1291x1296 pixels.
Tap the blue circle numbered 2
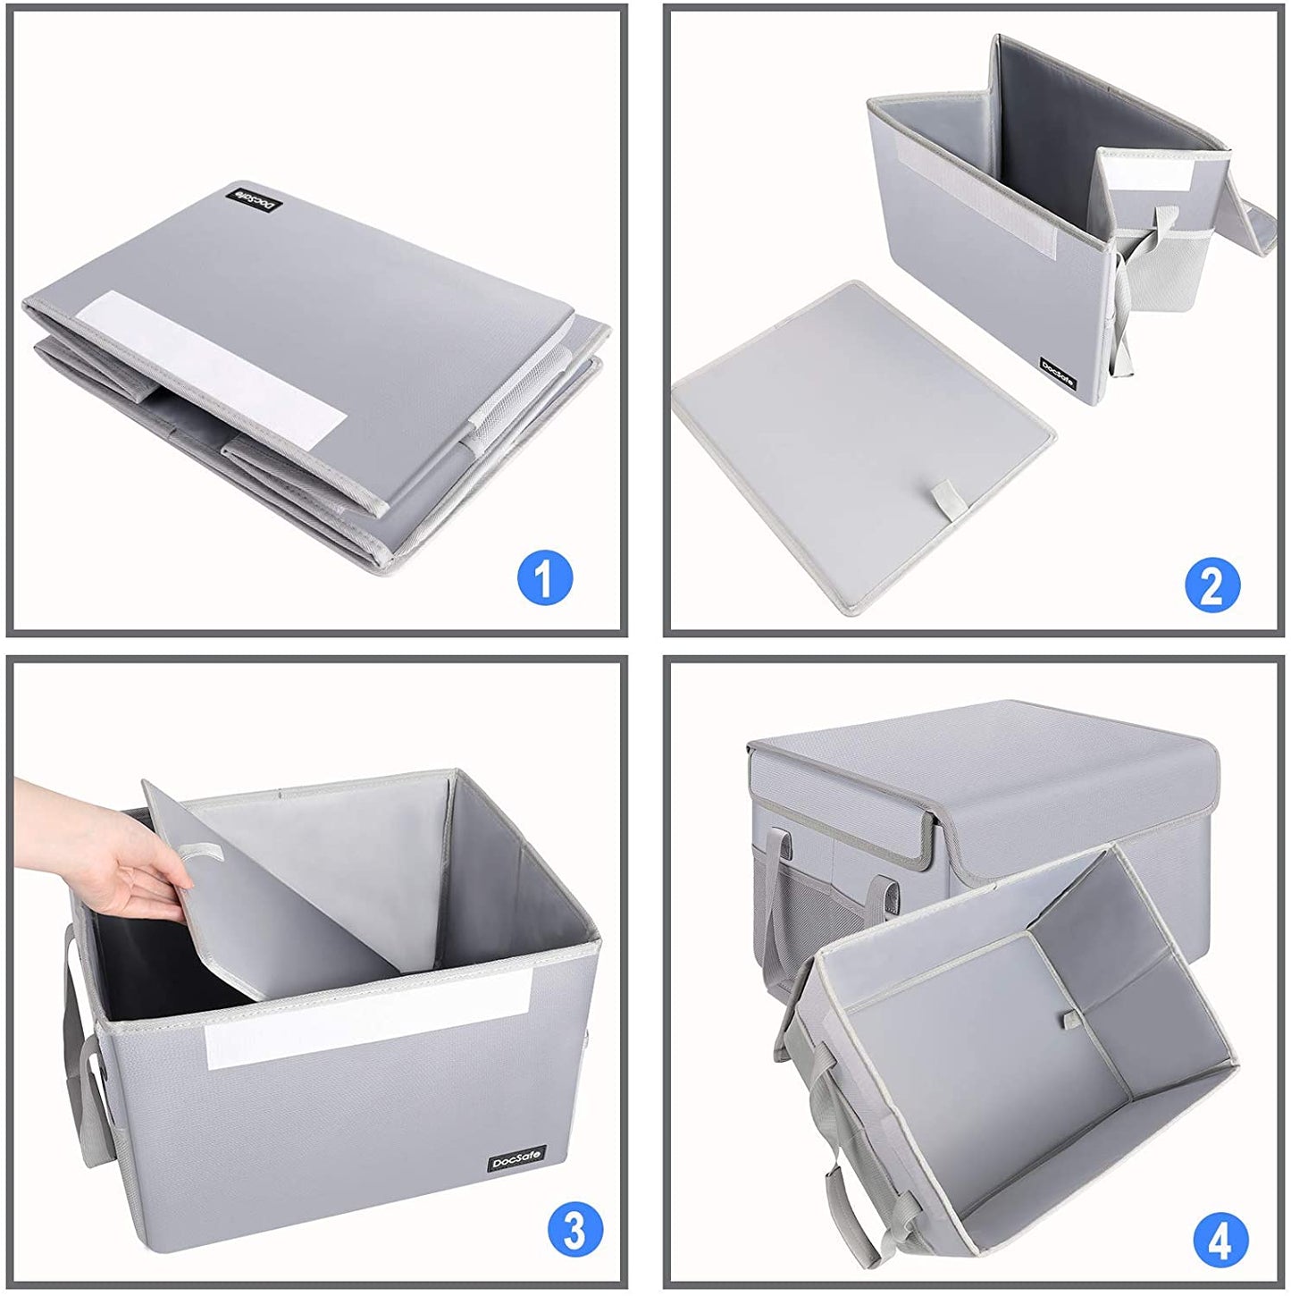(1212, 585)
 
